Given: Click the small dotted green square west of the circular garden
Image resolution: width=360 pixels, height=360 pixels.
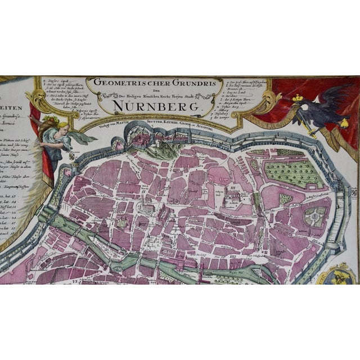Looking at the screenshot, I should click(x=286, y=199).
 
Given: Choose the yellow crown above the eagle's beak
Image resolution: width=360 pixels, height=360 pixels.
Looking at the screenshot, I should click(x=298, y=99).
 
